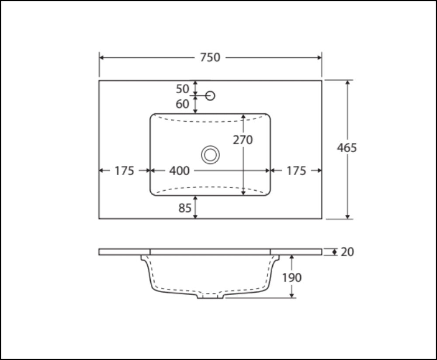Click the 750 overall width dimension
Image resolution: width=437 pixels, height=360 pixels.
point(210,57)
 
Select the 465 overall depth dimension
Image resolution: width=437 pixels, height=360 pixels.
point(347,148)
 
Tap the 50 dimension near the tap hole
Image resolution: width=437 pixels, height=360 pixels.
point(183,89)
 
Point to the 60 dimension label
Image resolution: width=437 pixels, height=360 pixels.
point(183,104)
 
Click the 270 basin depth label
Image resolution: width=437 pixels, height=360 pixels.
point(243,140)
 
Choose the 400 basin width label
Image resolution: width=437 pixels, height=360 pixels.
point(179,171)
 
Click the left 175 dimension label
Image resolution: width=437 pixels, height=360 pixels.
point(124,171)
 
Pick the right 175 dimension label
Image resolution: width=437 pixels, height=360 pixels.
point(296,171)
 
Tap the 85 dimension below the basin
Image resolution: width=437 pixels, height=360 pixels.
point(185,208)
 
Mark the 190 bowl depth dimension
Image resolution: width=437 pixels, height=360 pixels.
point(291,277)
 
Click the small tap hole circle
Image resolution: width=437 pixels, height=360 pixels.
point(210,95)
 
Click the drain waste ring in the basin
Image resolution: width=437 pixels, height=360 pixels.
point(210,154)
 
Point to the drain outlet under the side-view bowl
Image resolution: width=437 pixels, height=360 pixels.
point(210,296)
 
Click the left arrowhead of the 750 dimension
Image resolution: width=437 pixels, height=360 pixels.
point(102,57)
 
